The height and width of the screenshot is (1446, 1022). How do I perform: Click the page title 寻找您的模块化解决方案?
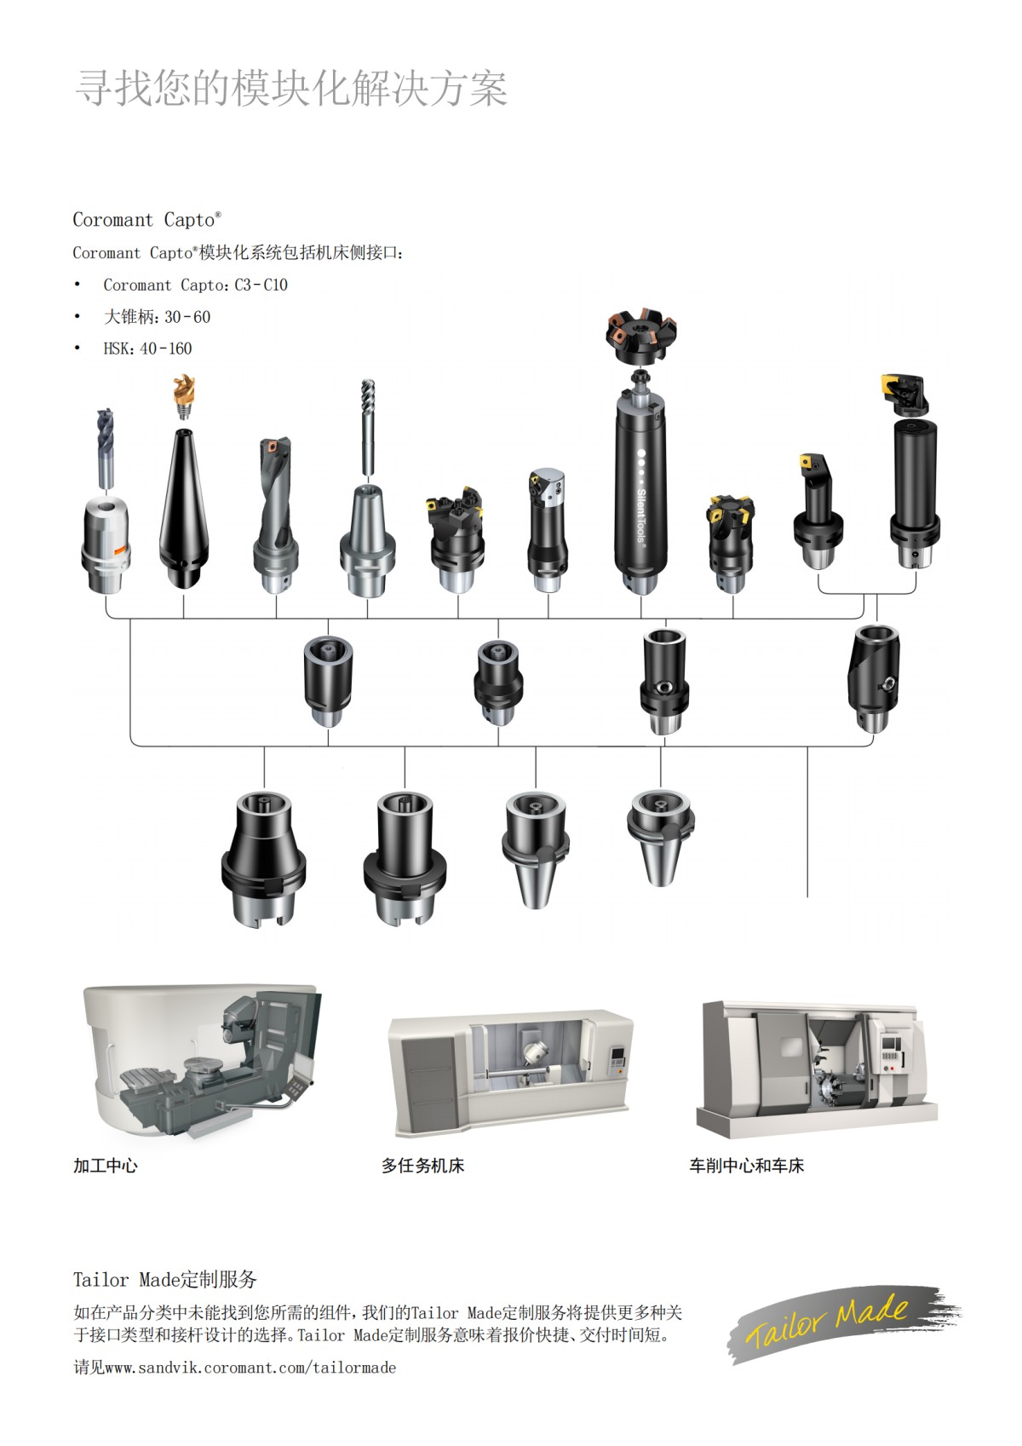(291, 89)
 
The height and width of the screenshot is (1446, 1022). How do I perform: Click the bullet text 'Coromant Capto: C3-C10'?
(195, 285)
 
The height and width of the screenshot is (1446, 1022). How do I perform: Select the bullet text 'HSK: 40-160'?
(147, 349)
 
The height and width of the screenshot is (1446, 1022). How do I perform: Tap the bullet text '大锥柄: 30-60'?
(157, 317)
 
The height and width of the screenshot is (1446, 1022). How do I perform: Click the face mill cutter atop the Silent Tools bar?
(640, 335)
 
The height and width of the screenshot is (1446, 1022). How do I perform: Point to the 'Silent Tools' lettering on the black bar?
(641, 515)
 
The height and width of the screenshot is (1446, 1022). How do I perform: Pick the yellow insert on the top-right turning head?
(893, 383)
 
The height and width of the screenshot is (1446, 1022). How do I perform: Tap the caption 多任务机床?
(422, 1166)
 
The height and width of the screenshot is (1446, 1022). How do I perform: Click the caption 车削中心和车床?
(746, 1166)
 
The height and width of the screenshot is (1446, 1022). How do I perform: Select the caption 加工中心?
(105, 1166)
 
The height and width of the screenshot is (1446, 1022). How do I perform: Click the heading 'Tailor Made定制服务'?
(164, 1279)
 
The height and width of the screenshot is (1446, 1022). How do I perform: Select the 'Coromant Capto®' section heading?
(146, 220)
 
